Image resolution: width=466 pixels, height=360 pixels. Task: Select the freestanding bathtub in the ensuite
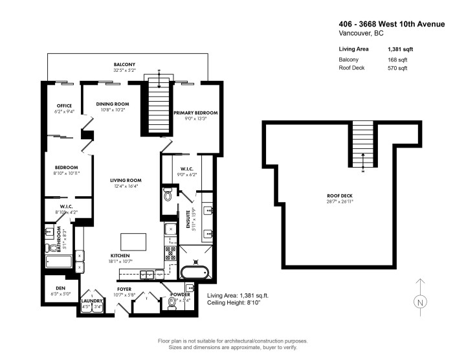click(194, 272)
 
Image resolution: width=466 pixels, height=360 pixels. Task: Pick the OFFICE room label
click(63, 106)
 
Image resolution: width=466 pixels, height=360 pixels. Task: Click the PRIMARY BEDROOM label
click(195, 113)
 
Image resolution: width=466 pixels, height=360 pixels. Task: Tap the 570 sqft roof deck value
click(397, 68)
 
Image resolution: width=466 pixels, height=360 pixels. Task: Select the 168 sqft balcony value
click(397, 60)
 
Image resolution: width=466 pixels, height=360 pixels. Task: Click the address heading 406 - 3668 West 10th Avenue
click(392, 24)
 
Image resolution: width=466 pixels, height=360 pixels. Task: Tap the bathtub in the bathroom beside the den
click(60, 262)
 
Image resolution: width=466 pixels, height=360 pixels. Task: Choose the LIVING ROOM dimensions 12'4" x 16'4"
click(126, 186)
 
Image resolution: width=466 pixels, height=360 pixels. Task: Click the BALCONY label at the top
click(125, 65)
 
